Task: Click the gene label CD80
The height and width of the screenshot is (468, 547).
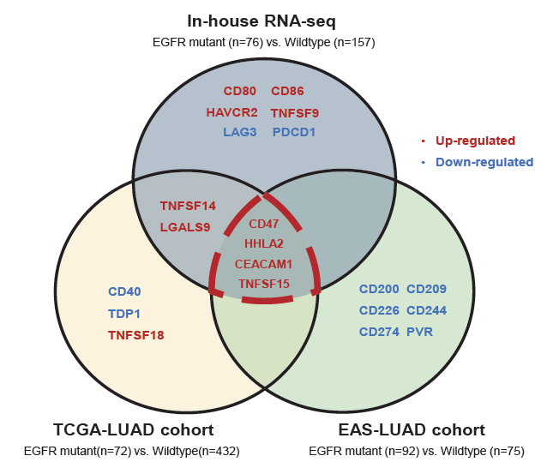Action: coord(239,91)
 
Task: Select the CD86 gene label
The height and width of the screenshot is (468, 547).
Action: coord(287,91)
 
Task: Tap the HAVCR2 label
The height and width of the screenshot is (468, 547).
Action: coord(231,112)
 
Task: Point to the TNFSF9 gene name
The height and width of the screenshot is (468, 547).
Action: coord(295,112)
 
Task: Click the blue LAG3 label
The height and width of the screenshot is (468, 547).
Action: coord(239,133)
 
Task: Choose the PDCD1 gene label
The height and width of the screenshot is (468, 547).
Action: coord(294,133)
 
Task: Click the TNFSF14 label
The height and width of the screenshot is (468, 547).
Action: coord(188,206)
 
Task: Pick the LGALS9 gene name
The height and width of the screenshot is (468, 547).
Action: coord(184,227)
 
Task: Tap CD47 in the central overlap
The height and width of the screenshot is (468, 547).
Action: coord(263,224)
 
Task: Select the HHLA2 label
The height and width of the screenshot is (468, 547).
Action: coord(263,243)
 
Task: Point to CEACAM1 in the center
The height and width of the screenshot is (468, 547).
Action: coord(263,264)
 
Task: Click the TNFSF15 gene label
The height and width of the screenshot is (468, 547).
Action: coord(263,284)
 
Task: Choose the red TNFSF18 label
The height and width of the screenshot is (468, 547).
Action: coord(135,334)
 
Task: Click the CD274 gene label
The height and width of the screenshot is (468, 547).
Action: coord(379,332)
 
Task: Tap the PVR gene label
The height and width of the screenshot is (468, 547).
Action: coord(420,332)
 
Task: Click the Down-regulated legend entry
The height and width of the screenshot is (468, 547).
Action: coord(484,162)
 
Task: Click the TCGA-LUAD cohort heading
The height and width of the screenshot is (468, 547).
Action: coord(133,429)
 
